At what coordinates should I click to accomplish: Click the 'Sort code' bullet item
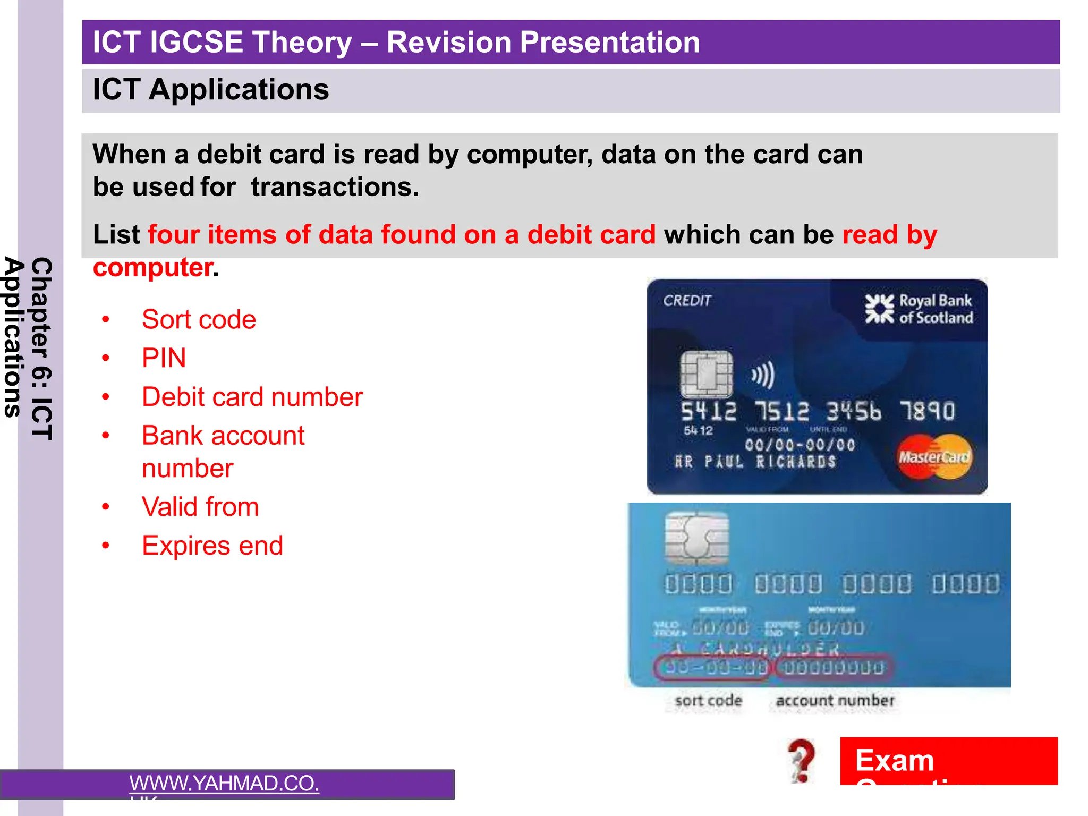[x=199, y=320]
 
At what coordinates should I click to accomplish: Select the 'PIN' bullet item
[x=164, y=358]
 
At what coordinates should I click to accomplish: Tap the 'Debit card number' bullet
[x=252, y=397]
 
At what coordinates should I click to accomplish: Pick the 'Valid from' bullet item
[x=200, y=507]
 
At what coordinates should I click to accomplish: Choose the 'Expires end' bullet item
[x=212, y=546]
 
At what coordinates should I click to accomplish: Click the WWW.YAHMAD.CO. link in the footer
[x=224, y=784]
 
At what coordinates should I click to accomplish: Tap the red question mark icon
[x=802, y=761]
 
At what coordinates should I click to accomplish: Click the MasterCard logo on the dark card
[x=934, y=456]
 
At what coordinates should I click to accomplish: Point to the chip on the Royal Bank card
[x=706, y=374]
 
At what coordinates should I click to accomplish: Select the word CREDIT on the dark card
[x=686, y=301]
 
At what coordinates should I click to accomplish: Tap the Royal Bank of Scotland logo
[x=919, y=309]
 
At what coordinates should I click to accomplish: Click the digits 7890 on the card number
[x=927, y=411]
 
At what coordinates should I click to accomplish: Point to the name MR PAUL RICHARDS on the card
[x=755, y=461]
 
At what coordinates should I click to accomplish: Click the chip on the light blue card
[x=696, y=539]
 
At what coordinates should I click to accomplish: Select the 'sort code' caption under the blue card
[x=708, y=701]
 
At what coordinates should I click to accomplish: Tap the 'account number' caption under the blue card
[x=835, y=701]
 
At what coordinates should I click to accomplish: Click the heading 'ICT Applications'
[x=211, y=89]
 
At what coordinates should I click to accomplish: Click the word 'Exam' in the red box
[x=895, y=760]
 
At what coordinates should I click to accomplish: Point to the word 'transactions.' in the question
[x=335, y=187]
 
